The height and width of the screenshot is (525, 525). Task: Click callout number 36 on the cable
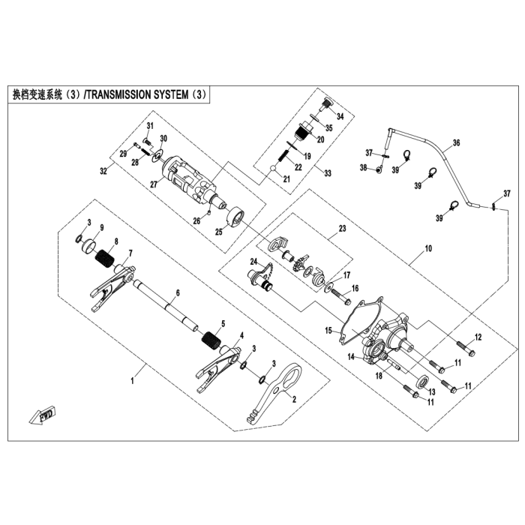457,143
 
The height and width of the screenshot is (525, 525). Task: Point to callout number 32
103,172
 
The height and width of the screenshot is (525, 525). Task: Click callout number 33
327,172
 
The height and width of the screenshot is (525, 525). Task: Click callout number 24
253,262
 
